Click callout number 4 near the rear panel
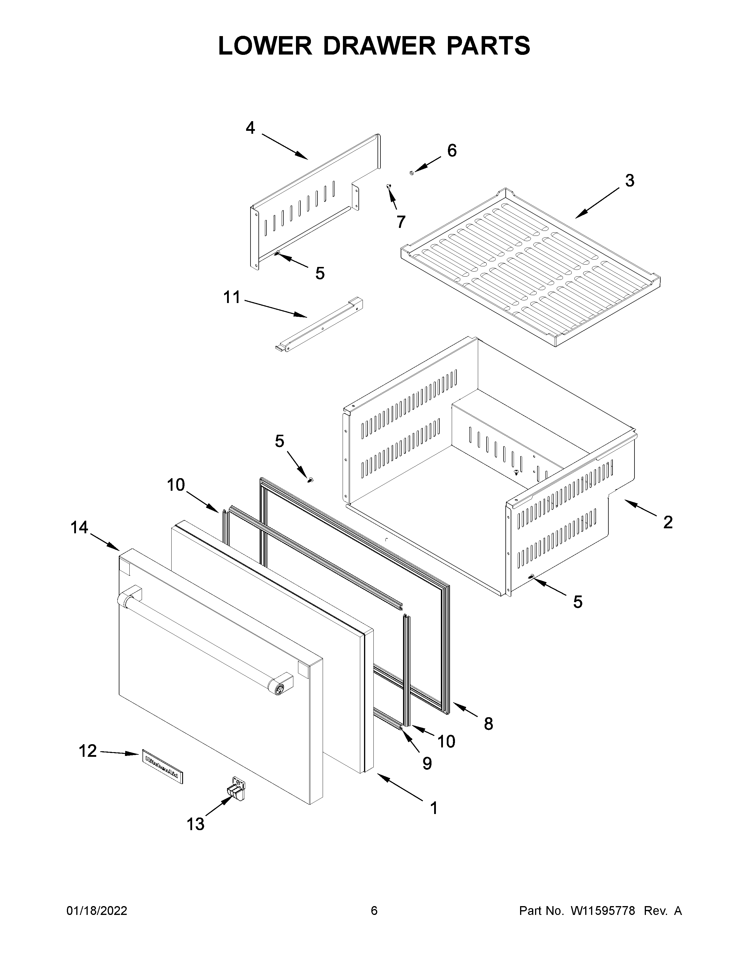coord(251,128)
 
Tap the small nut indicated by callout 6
coord(411,173)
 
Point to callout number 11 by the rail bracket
coord(232,297)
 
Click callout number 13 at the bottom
coord(195,824)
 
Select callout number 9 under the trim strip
coord(427,763)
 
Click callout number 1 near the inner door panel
coord(434,808)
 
